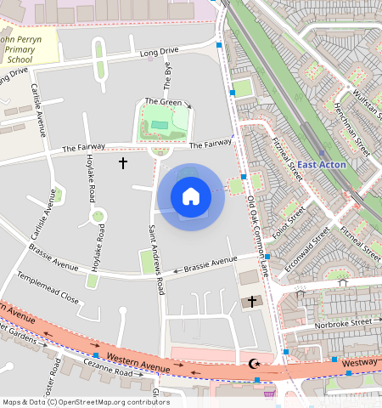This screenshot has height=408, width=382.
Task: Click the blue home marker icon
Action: click(191, 197)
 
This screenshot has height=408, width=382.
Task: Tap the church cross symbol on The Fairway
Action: click(122, 161)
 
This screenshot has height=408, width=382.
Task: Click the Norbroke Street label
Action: click(344, 323)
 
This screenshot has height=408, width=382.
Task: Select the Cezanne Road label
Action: click(108, 373)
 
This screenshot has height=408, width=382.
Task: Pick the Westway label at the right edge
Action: click(362, 362)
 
